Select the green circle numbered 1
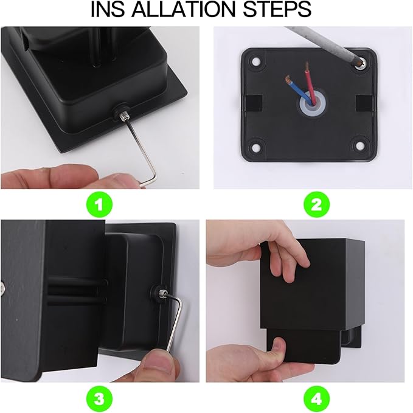click(x=102, y=204)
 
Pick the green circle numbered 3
click(x=102, y=398)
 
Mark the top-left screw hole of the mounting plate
click(x=254, y=62)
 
